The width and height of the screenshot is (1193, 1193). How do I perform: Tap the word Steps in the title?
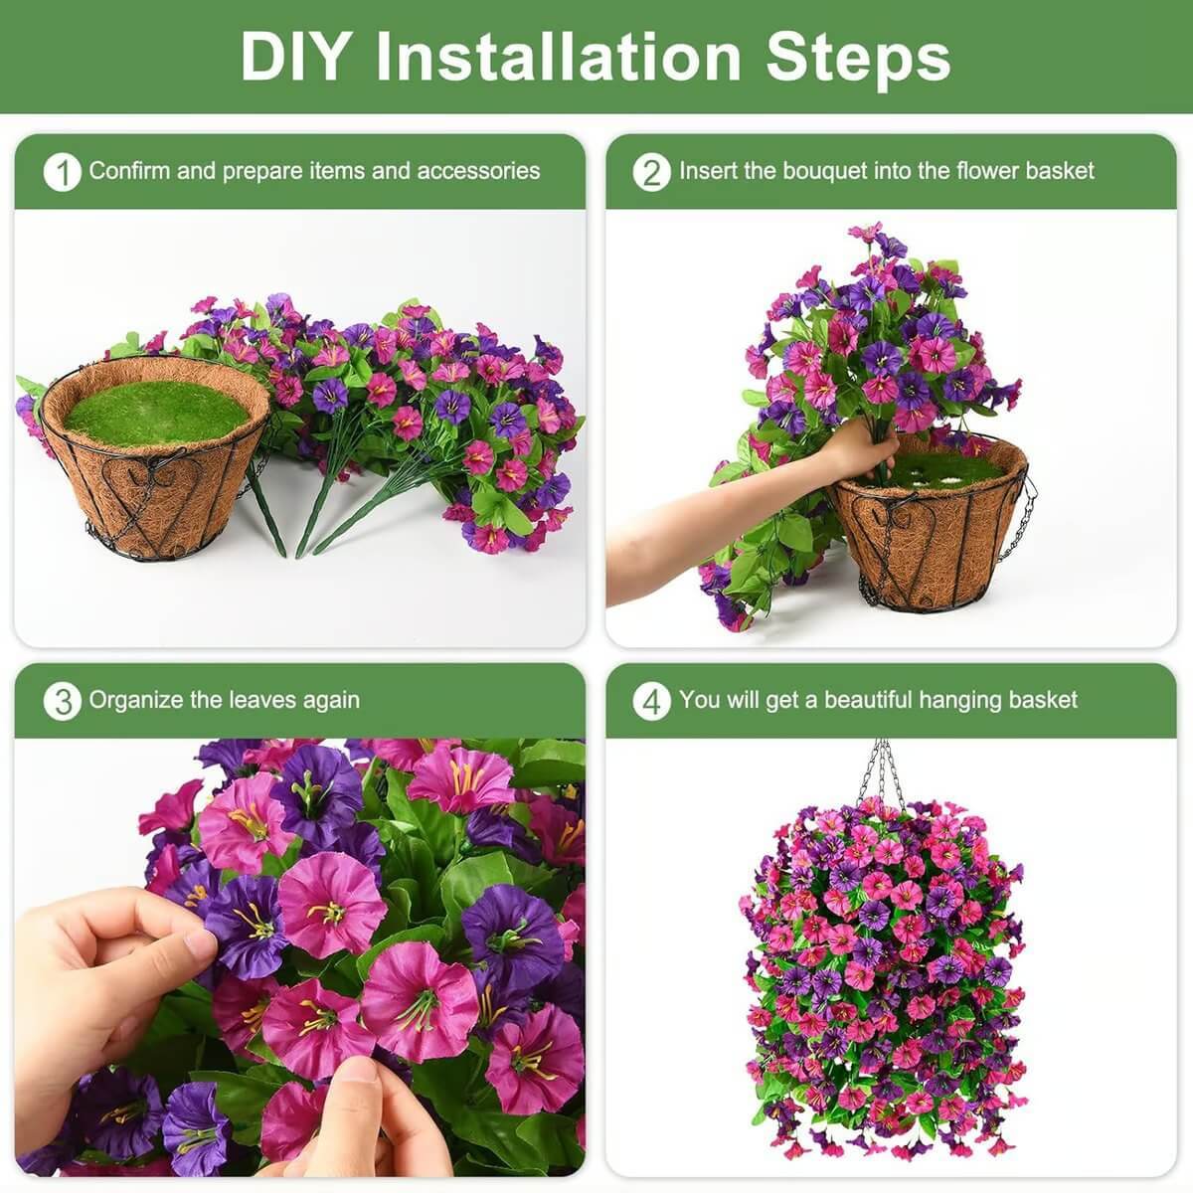tap(858, 57)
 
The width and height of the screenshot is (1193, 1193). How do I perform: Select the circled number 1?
tap(62, 172)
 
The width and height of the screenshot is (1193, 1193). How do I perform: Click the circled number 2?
tap(651, 172)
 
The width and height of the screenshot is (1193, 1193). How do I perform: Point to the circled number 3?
tap(62, 701)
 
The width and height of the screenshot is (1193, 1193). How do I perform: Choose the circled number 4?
tap(651, 701)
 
